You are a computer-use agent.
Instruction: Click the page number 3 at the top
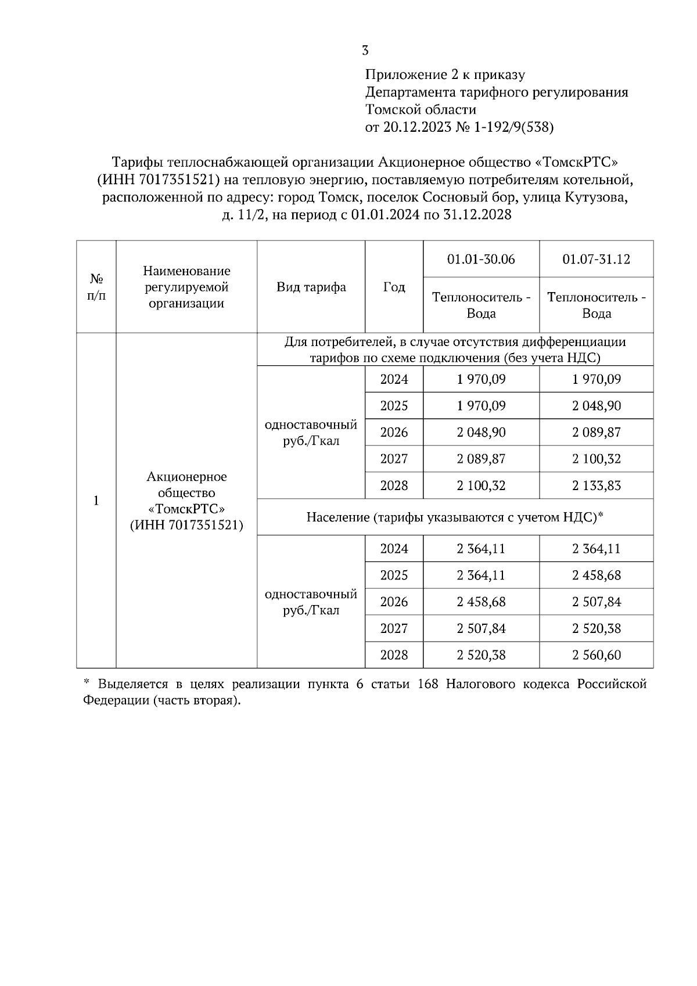pyautogui.click(x=365, y=51)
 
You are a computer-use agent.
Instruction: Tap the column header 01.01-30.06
pyautogui.click(x=481, y=259)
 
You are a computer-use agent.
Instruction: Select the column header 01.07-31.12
pyautogui.click(x=596, y=259)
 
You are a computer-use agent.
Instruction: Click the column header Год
pyautogui.click(x=394, y=287)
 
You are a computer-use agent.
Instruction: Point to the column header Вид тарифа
pyautogui.click(x=311, y=287)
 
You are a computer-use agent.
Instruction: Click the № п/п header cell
pyautogui.click(x=96, y=287)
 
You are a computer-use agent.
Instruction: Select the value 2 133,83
pyautogui.click(x=596, y=485)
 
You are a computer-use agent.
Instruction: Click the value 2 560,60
pyautogui.click(x=596, y=655)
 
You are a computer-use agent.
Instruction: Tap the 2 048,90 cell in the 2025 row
pyautogui.click(x=596, y=406)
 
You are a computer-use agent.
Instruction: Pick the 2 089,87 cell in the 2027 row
pyautogui.click(x=481, y=459)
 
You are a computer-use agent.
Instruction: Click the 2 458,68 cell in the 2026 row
pyautogui.click(x=481, y=602)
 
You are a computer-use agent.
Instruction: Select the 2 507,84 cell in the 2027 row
pyautogui.click(x=481, y=628)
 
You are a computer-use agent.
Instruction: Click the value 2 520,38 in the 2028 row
pyautogui.click(x=481, y=655)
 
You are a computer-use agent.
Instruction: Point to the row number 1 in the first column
pyautogui.click(x=96, y=501)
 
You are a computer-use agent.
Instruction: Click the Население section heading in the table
pyautogui.click(x=455, y=517)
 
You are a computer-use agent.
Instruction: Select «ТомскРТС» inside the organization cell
pyautogui.click(x=186, y=509)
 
